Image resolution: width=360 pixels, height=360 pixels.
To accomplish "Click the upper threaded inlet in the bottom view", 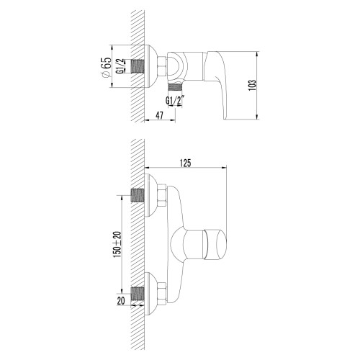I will (x=139, y=194).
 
